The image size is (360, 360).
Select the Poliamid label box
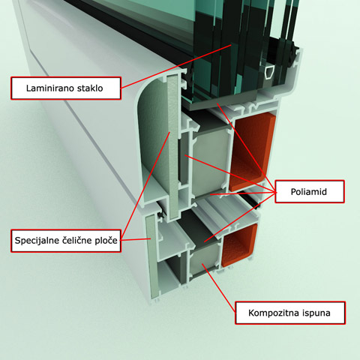[x=310, y=191]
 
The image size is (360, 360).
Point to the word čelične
[x=74, y=241]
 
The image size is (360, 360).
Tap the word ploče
[x=106, y=241]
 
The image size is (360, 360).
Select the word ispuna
[x=316, y=313]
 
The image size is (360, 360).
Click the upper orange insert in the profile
[x=252, y=151]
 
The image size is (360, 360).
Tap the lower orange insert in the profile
[x=239, y=245]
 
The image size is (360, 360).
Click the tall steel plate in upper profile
[x=173, y=146]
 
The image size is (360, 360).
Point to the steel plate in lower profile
[x=152, y=256]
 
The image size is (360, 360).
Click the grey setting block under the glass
[x=223, y=100]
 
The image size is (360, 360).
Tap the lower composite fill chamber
[x=205, y=259]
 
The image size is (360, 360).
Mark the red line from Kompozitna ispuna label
[x=218, y=288]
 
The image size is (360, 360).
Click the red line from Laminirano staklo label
[x=176, y=67]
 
